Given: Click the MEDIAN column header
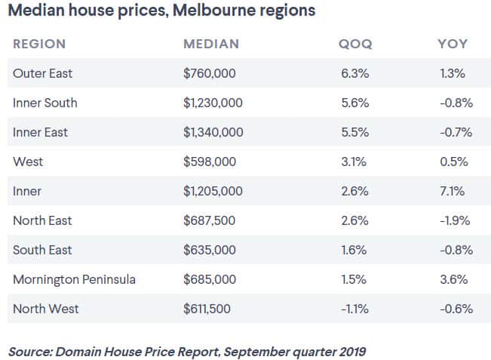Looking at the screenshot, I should point(211,44).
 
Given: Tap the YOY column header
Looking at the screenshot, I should point(453,44).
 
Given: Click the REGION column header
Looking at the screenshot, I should point(39,44).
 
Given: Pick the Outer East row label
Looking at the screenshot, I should point(43,73).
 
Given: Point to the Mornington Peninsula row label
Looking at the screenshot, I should point(74,279).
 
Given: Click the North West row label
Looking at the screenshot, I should point(45,309).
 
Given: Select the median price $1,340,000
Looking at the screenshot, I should point(213,132).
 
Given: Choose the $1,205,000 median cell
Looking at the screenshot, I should point(213,191).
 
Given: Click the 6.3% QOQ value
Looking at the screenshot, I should point(353,73).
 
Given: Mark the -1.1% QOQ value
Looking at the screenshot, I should point(353,309).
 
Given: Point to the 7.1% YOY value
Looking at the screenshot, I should point(455,191).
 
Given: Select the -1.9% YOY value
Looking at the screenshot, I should point(455,220).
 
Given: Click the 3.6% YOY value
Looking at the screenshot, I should point(455,279).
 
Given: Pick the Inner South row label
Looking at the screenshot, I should point(45,103).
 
